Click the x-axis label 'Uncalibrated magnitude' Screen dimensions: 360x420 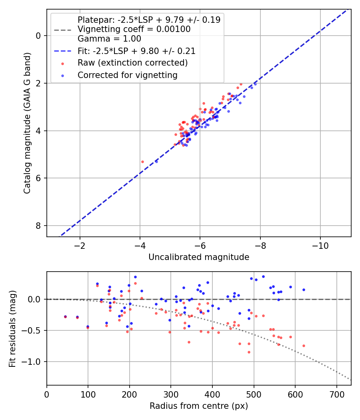[x=199, y=257]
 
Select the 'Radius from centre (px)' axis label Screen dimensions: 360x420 [x=199, y=406]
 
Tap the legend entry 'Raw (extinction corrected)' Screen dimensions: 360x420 [x=132, y=63]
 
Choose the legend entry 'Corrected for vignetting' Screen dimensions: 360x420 [x=128, y=75]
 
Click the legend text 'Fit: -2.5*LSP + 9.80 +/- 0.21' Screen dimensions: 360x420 [x=136, y=51]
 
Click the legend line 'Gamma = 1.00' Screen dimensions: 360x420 [x=109, y=39]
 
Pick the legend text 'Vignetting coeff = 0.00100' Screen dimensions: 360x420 [x=134, y=29]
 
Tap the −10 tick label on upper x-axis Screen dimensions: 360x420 [x=320, y=245]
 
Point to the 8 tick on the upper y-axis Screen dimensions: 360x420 [x=38, y=226]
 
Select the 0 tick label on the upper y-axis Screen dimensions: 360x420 [x=38, y=36]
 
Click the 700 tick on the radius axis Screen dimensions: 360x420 [x=336, y=394]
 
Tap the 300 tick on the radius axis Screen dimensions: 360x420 [x=171, y=394]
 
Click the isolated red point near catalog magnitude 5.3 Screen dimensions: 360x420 [x=142, y=162]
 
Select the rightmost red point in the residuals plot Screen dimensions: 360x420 [x=304, y=346]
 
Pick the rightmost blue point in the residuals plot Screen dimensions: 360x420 [x=304, y=290]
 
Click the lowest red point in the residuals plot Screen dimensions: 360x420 [x=249, y=352]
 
